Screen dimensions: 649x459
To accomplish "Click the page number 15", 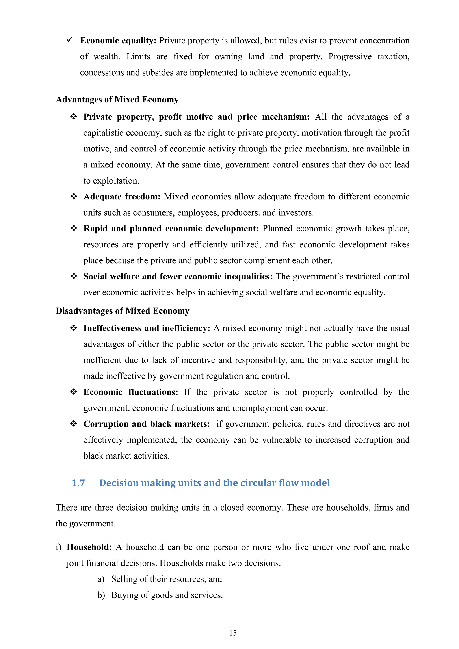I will [233, 633].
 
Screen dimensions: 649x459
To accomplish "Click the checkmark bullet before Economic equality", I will [70, 40].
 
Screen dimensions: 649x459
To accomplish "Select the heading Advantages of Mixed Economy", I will [117, 100].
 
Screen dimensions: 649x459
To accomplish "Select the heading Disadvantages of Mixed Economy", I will [122, 311].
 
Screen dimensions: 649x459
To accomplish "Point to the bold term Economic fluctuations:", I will [131, 392].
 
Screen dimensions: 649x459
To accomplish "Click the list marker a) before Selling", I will [101, 579].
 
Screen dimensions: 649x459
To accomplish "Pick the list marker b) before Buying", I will [101, 595].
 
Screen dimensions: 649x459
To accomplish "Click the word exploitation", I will [116, 181].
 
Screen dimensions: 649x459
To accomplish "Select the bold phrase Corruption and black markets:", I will [146, 424].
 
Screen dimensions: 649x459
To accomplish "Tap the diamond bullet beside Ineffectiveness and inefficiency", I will [74, 328].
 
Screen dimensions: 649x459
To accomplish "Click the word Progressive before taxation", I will [350, 56].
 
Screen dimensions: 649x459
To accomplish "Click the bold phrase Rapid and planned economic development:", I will [171, 228].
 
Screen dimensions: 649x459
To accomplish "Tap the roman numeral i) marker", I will [58, 547].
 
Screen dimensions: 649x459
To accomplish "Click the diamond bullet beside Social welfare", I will [74, 276].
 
